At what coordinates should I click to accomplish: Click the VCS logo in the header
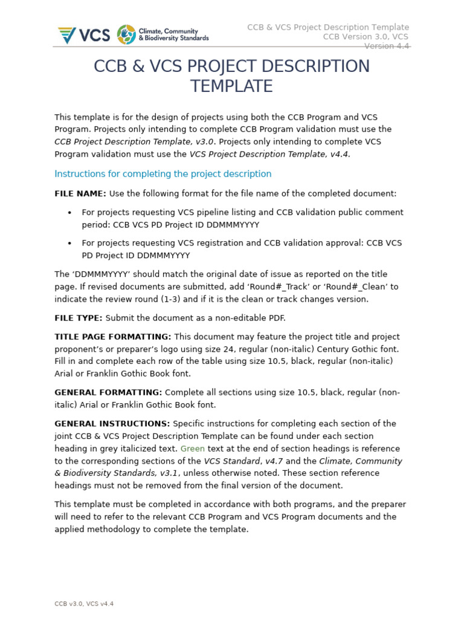pos(84,34)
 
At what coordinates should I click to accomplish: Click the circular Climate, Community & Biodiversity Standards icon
pos(126,34)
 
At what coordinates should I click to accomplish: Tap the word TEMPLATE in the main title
pos(231,86)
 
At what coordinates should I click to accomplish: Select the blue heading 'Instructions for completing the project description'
pos(163,174)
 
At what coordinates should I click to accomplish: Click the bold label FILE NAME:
pos(80,193)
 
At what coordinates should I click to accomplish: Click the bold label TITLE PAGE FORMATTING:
pos(112,337)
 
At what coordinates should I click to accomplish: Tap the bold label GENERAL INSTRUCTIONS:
pos(112,424)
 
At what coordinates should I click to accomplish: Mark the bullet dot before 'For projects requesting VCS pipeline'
pos(70,213)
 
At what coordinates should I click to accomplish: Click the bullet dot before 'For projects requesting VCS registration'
pos(70,243)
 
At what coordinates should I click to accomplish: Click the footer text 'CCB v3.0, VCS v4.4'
pos(84,603)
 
